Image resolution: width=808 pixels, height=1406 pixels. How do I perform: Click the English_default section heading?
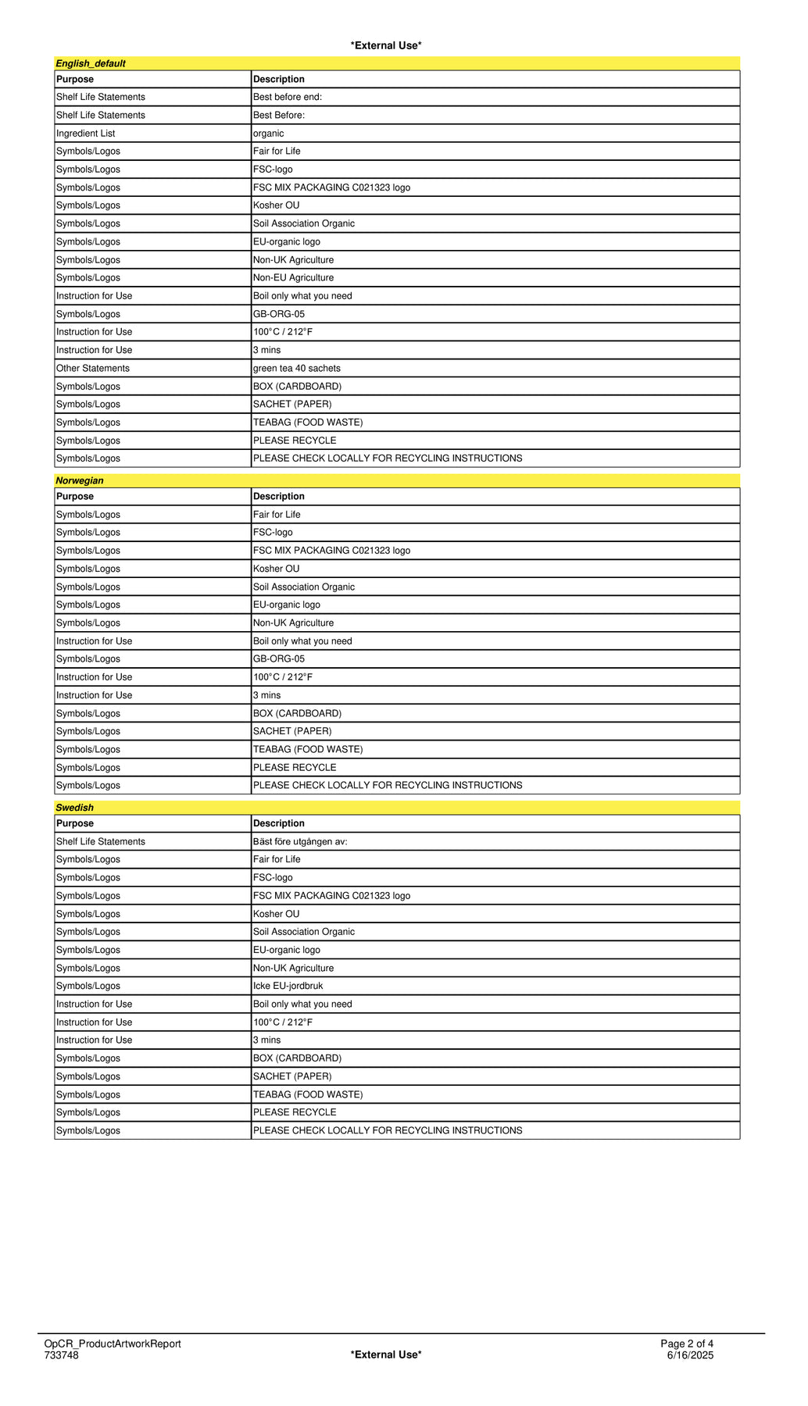tap(91, 63)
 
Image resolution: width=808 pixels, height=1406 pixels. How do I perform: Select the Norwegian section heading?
tap(80, 480)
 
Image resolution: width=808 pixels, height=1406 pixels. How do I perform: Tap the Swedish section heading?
tap(74, 808)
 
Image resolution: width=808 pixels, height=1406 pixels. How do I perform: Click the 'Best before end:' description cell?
tap(288, 97)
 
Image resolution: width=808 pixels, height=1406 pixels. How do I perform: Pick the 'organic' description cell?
tap(269, 134)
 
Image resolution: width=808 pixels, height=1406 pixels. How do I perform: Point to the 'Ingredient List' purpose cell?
tap(86, 134)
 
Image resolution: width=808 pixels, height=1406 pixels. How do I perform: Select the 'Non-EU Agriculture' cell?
tap(293, 277)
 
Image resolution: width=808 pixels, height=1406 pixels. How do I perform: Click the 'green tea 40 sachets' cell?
tap(297, 368)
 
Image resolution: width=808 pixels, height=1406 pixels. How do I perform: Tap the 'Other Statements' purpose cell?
tap(93, 368)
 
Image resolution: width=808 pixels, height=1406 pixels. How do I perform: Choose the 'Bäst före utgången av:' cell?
tap(300, 841)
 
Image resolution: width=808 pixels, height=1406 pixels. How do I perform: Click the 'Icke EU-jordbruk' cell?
tap(288, 986)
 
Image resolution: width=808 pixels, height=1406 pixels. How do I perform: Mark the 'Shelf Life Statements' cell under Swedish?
tap(101, 841)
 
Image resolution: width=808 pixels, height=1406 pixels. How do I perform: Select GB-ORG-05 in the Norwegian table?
tap(279, 658)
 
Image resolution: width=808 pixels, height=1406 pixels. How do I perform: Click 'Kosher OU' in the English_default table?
tap(277, 205)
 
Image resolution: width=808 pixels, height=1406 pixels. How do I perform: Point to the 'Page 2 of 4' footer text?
tap(687, 1344)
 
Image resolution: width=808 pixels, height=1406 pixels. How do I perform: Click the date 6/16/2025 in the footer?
tap(690, 1354)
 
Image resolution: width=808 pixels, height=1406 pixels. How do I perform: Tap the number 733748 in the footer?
tap(61, 1354)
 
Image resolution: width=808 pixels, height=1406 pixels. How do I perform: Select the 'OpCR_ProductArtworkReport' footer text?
tap(113, 1344)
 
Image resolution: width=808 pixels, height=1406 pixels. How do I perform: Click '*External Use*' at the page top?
tap(386, 45)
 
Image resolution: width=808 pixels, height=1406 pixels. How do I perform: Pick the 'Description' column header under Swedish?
tap(279, 823)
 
